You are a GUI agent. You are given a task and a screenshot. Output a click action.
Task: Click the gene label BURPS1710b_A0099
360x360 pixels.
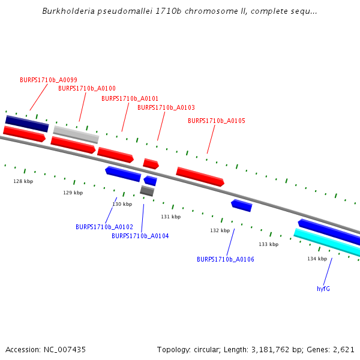click(48, 80)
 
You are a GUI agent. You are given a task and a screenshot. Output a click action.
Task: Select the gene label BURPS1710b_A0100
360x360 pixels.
click(86, 88)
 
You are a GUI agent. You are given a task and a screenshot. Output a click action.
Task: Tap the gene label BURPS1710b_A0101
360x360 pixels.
click(130, 98)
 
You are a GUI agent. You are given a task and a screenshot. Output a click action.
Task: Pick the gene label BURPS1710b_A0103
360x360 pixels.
click(166, 107)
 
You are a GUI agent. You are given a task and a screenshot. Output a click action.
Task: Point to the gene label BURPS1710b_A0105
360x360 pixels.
click(216, 121)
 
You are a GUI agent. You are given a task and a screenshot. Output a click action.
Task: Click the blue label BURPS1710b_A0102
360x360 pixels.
click(104, 227)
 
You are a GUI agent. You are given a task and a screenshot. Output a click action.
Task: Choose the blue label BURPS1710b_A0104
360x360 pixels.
click(140, 236)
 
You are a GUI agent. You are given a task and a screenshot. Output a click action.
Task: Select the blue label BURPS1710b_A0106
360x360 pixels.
click(225, 259)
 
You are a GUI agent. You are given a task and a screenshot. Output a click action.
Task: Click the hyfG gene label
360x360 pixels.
click(323, 289)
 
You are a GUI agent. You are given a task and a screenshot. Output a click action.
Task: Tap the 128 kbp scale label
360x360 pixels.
click(23, 181)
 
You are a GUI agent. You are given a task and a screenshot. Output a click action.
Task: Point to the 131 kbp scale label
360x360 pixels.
click(170, 217)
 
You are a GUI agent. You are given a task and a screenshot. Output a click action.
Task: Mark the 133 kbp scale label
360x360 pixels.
click(268, 244)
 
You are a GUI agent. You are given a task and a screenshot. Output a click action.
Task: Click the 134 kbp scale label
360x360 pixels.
click(317, 259)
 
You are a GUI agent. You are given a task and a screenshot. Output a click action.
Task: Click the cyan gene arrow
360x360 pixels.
click(327, 241)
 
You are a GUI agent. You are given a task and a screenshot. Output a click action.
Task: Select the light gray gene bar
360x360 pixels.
click(76, 134)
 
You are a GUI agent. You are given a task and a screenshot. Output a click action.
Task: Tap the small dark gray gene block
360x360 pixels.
click(147, 191)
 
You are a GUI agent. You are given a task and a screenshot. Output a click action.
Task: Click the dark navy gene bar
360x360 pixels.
click(27, 124)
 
